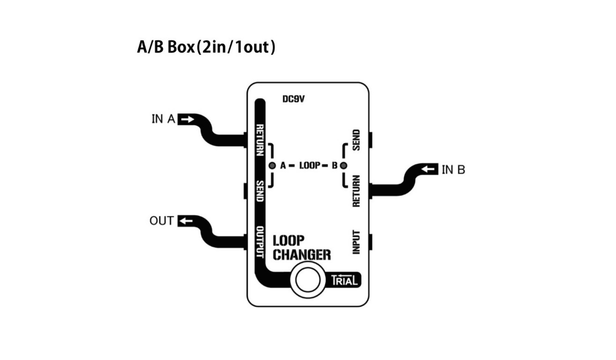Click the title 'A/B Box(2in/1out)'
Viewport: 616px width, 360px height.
click(206, 48)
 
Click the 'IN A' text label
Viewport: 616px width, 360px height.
click(163, 119)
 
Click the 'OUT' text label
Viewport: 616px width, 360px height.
click(161, 221)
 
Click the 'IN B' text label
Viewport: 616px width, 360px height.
click(453, 170)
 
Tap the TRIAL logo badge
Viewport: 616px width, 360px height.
click(345, 280)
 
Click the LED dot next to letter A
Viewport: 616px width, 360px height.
click(272, 166)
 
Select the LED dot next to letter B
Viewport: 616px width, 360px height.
click(343, 166)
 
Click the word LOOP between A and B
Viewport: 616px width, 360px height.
click(309, 166)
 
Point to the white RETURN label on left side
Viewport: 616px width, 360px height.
click(260, 140)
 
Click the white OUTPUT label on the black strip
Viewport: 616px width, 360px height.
click(260, 243)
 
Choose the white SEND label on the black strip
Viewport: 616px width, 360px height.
click(260, 191)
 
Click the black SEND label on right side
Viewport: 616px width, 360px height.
click(356, 140)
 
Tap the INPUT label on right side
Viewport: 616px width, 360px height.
click(356, 242)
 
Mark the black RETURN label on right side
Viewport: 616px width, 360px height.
click(356, 191)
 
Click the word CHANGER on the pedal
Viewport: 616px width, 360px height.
click(302, 254)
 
